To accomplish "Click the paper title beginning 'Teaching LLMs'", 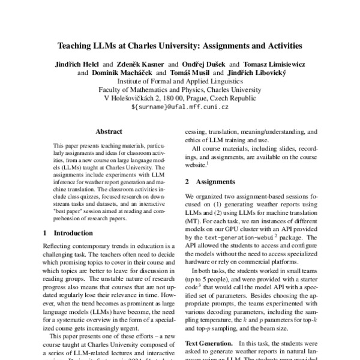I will [x=180, y=45].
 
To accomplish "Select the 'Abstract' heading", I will [x=109, y=131].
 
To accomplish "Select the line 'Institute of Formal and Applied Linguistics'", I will [x=180, y=81].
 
